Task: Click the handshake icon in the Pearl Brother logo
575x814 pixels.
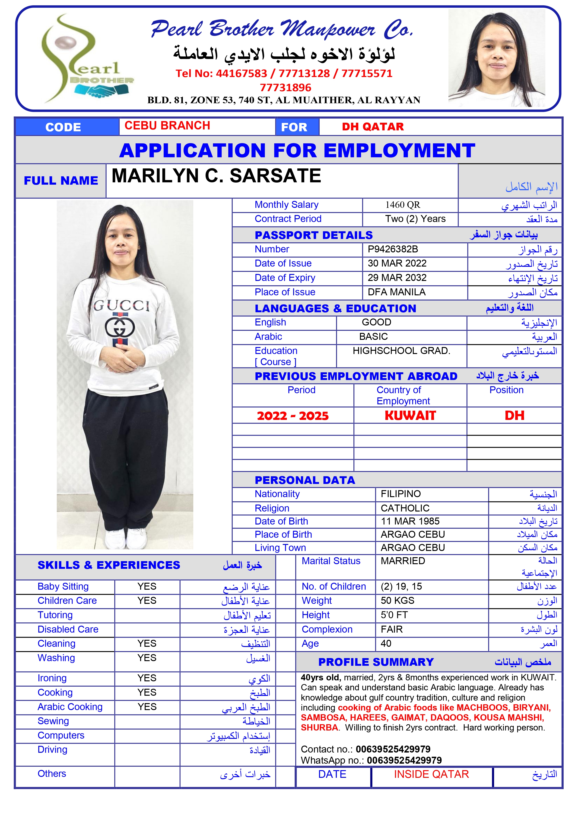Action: (101, 91)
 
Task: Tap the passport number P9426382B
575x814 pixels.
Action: (393, 249)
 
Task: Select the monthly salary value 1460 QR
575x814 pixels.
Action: (403, 205)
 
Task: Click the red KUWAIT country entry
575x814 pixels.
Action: (410, 415)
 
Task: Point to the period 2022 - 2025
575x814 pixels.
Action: (293, 415)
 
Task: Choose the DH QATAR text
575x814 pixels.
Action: (373, 127)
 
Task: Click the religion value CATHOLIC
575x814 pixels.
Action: (405, 508)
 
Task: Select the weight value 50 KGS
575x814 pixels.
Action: (397, 601)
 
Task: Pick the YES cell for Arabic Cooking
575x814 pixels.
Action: (147, 707)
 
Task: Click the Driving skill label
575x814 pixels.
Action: (52, 750)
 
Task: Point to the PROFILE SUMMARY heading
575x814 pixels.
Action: (376, 662)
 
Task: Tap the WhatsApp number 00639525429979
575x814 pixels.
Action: (404, 760)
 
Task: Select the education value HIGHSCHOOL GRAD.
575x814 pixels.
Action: (401, 351)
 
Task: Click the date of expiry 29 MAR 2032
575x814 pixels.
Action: (397, 278)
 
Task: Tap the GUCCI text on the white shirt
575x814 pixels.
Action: (121, 306)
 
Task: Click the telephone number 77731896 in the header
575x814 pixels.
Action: (286, 87)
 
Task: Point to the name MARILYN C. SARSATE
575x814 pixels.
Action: (216, 176)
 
